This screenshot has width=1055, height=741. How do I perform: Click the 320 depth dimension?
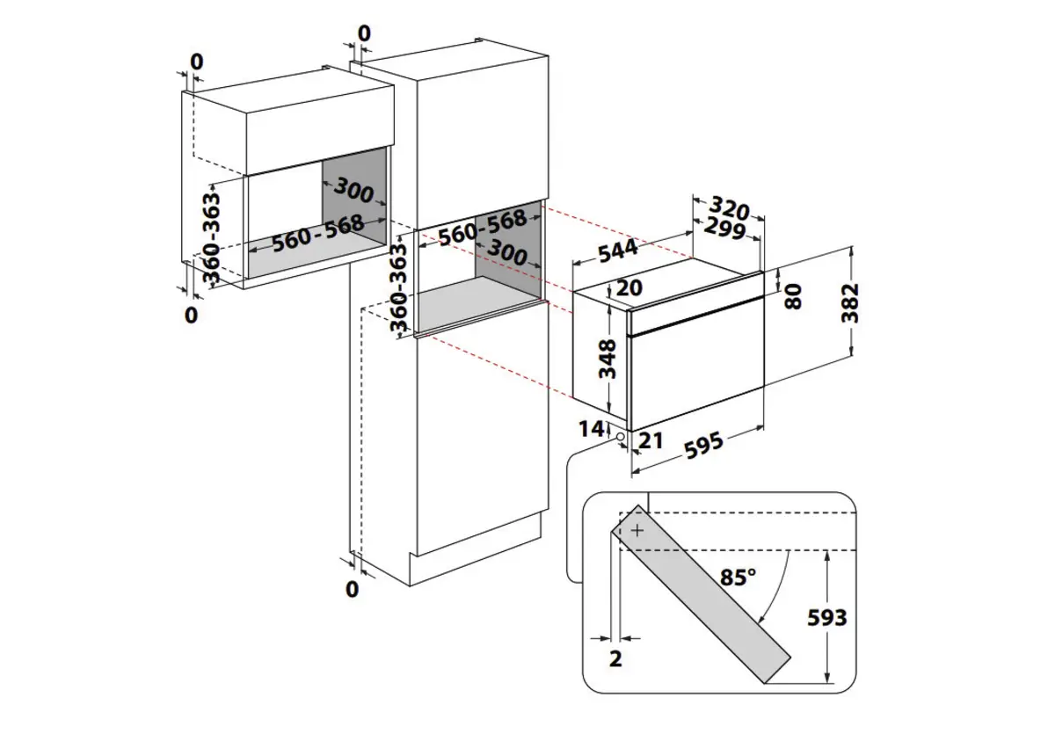pos(729,209)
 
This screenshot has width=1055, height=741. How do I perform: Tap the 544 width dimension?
pos(618,250)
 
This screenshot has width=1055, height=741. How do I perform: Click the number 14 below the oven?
pos(593,429)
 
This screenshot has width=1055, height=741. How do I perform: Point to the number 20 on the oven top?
pos(629,287)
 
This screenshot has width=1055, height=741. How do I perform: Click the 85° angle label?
pos(738,577)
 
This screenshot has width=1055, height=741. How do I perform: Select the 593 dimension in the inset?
pos(826,617)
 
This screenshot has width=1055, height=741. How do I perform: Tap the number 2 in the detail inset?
pos(615,658)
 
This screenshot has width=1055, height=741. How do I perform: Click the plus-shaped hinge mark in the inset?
pos(637,530)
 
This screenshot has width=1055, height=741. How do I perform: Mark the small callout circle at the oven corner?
pos(622,437)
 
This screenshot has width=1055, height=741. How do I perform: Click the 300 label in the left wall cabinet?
pos(353,191)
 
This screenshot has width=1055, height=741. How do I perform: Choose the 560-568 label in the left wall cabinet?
pos(318,232)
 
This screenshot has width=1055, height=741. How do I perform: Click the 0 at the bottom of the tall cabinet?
pos(353,589)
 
